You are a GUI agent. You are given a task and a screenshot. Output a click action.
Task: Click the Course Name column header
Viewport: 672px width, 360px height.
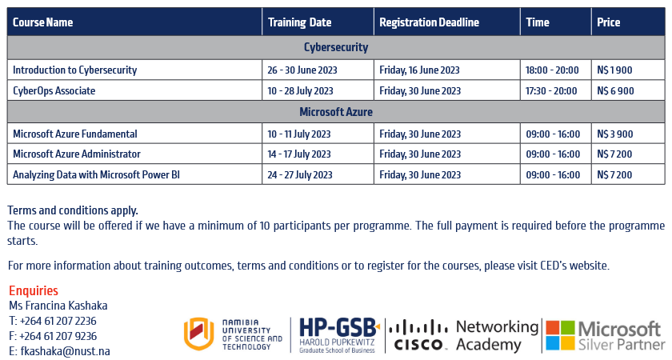43,22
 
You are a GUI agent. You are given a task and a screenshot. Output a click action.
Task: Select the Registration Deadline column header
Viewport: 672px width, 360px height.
429,22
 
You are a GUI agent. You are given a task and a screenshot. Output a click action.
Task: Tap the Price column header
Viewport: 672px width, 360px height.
609,22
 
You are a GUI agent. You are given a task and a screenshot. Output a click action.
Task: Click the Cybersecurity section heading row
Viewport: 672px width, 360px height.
336,47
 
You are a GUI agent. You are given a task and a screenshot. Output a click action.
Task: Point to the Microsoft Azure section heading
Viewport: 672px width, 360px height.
336,112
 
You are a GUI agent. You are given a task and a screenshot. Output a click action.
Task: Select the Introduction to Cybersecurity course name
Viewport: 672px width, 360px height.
75,70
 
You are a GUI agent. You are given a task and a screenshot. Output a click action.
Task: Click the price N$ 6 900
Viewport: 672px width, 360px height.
615,91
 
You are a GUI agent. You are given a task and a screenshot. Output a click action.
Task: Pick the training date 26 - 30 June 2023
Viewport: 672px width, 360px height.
302,70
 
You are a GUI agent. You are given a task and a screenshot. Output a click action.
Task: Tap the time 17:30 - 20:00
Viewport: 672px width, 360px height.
551,91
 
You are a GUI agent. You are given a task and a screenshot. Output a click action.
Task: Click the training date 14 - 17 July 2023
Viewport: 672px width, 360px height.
299,154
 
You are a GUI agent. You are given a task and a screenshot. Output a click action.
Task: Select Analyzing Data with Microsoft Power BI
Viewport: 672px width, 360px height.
97,174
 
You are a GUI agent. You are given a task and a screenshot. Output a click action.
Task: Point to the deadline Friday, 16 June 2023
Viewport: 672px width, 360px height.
419,70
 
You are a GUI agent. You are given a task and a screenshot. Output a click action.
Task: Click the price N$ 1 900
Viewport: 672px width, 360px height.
614,70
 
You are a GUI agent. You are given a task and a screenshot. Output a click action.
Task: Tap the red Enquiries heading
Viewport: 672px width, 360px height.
34,290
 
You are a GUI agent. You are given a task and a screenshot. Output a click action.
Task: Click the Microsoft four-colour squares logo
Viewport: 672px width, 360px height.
560,335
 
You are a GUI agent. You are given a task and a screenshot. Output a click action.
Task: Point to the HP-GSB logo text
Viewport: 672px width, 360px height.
338,328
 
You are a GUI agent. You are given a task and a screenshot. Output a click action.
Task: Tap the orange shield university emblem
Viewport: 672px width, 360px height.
199,334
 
